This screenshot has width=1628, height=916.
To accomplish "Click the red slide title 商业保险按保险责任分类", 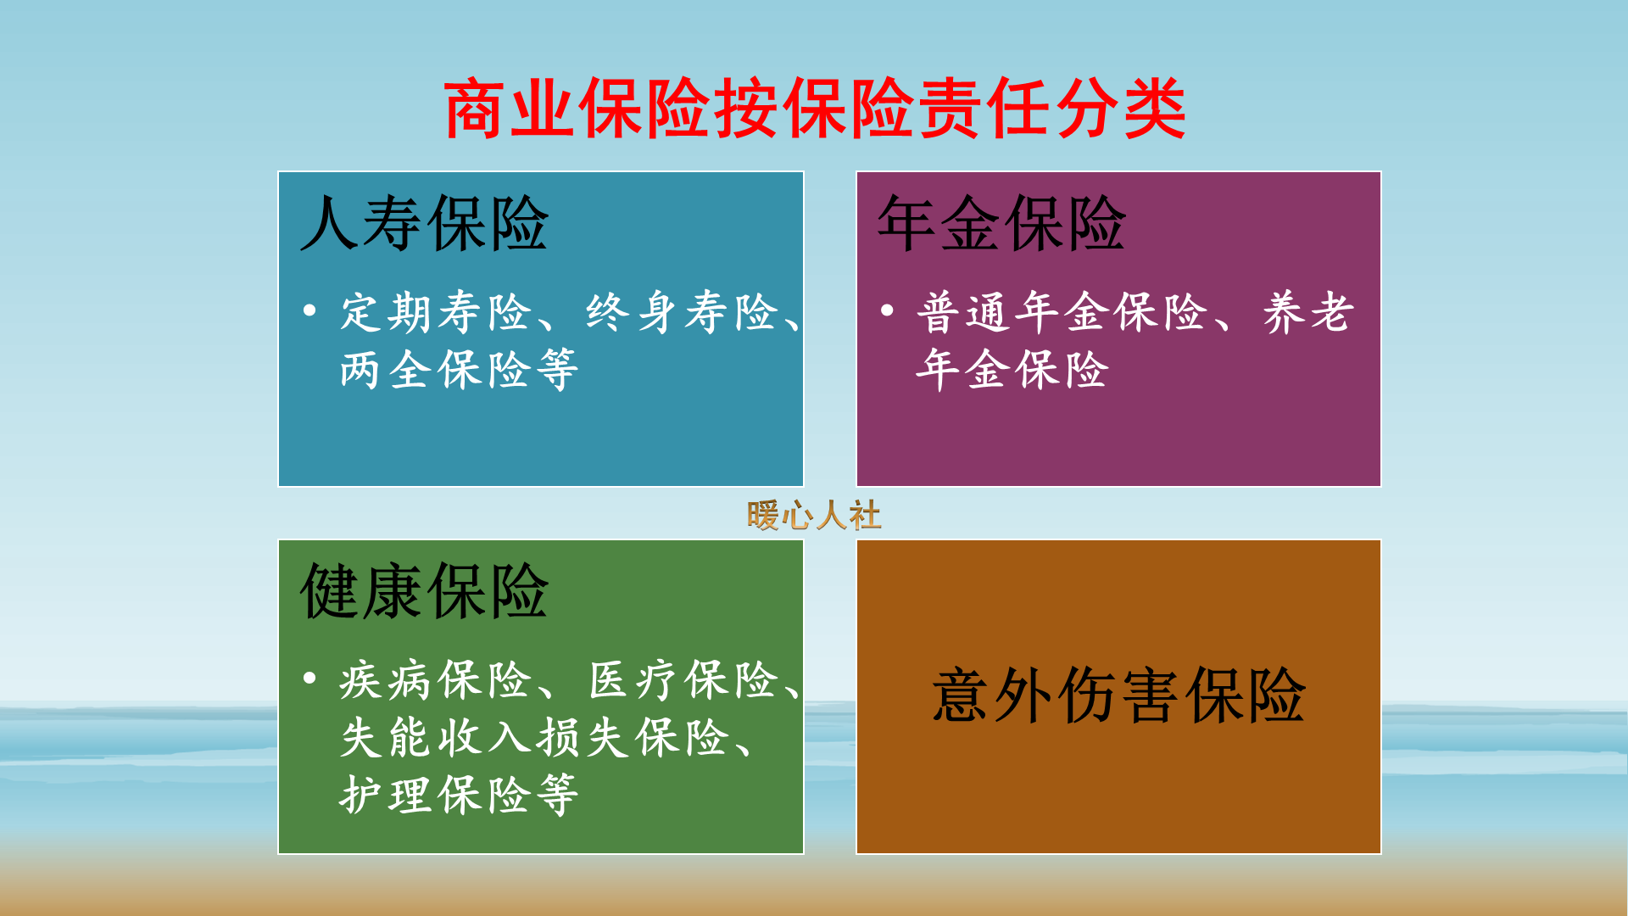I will [814, 109].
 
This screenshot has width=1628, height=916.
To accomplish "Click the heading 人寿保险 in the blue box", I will [424, 224].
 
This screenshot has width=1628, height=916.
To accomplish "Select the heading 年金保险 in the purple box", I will [1001, 224].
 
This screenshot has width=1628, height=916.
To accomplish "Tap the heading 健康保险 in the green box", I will [424, 592].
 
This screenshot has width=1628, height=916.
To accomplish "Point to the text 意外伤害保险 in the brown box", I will [1118, 696].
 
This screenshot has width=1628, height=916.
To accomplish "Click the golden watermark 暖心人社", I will [814, 516].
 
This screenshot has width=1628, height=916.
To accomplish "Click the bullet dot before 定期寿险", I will [309, 310].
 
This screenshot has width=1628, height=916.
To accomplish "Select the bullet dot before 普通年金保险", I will [887, 310].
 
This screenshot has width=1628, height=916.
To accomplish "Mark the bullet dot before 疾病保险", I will [309, 679].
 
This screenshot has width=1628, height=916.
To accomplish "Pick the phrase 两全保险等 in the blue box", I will [459, 371].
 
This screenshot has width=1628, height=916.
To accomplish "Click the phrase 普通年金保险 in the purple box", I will [1062, 312].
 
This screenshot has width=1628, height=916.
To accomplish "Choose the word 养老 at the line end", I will [1308, 312].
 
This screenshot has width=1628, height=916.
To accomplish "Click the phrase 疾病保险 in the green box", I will [435, 680].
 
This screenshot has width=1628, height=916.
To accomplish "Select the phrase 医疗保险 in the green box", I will [683, 680].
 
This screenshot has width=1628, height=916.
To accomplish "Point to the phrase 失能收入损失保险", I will [534, 738].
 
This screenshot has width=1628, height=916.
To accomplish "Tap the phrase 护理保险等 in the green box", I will [459, 796].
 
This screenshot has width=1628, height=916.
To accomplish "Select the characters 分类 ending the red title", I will [1119, 109].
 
